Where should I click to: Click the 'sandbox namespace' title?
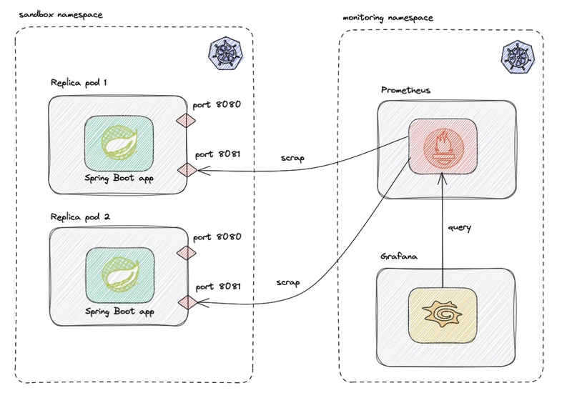(61, 15)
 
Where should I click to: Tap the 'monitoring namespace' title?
(388, 18)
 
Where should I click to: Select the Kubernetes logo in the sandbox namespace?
(226, 53)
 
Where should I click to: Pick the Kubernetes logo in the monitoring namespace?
(518, 57)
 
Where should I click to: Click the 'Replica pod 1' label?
(79, 83)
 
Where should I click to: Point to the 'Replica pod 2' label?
(80, 217)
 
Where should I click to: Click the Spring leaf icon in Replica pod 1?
(119, 142)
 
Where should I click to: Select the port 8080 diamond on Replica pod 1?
(186, 120)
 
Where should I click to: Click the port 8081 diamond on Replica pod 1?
(187, 170)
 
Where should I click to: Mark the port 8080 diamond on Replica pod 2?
(187, 253)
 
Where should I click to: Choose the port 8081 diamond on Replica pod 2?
(188, 302)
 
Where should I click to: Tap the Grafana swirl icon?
(442, 314)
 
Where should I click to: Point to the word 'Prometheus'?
(405, 90)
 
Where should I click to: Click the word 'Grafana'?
(399, 257)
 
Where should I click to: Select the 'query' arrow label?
(460, 228)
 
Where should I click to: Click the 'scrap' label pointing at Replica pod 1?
(292, 158)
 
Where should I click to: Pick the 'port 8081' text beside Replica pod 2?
(218, 287)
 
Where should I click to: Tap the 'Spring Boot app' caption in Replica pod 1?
(119, 178)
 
